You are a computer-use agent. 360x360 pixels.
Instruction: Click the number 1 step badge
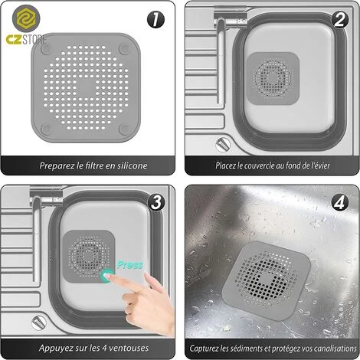coord(155,20)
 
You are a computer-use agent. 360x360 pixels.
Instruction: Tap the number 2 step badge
coord(339,20)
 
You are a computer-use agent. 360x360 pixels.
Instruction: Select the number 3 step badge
coord(155,202)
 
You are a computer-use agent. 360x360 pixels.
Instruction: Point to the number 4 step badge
coord(339,202)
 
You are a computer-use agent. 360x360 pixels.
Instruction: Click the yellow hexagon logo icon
coord(26,18)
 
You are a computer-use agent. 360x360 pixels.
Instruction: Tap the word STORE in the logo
coord(34,40)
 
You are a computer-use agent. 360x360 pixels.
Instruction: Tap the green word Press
coord(129,265)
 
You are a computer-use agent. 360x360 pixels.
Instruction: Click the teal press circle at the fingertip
coord(106,276)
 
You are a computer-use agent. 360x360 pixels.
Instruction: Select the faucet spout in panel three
coord(38,238)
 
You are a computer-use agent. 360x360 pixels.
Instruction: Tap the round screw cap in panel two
coord(223,145)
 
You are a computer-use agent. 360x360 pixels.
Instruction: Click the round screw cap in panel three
coord(39,322)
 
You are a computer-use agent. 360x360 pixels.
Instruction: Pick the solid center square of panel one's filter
coord(86,87)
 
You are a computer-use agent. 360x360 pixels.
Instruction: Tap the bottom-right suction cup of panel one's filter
coord(124,129)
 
